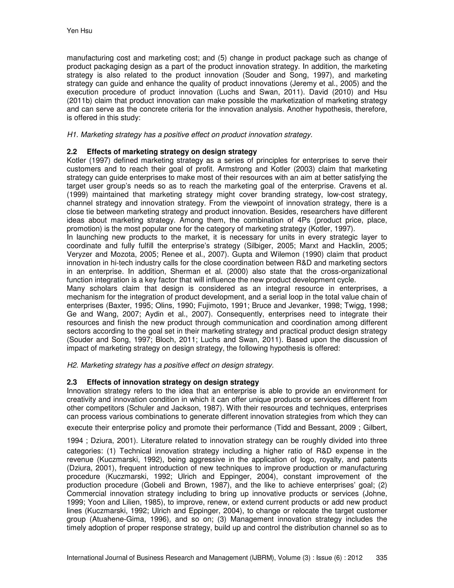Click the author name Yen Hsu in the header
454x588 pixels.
79,31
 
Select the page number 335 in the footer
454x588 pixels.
381,558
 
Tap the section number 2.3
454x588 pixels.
72,382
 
